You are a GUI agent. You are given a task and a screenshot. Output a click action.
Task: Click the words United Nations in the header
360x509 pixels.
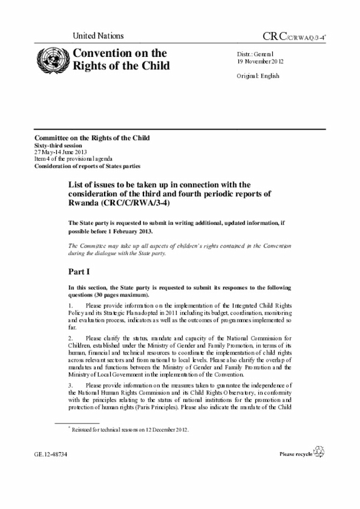(x=98, y=36)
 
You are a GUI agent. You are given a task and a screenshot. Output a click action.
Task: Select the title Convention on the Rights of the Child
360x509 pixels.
(x=119, y=60)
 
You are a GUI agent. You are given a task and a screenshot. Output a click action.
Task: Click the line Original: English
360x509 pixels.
(x=258, y=76)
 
